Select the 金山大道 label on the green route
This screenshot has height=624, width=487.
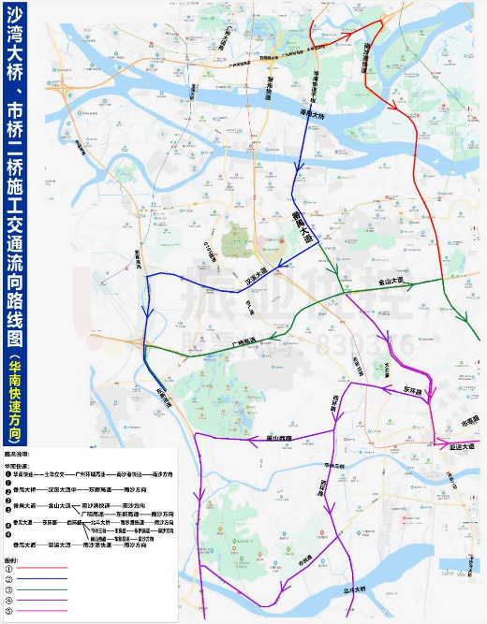pyautogui.click(x=395, y=279)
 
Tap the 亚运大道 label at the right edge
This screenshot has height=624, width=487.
pyautogui.click(x=464, y=449)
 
